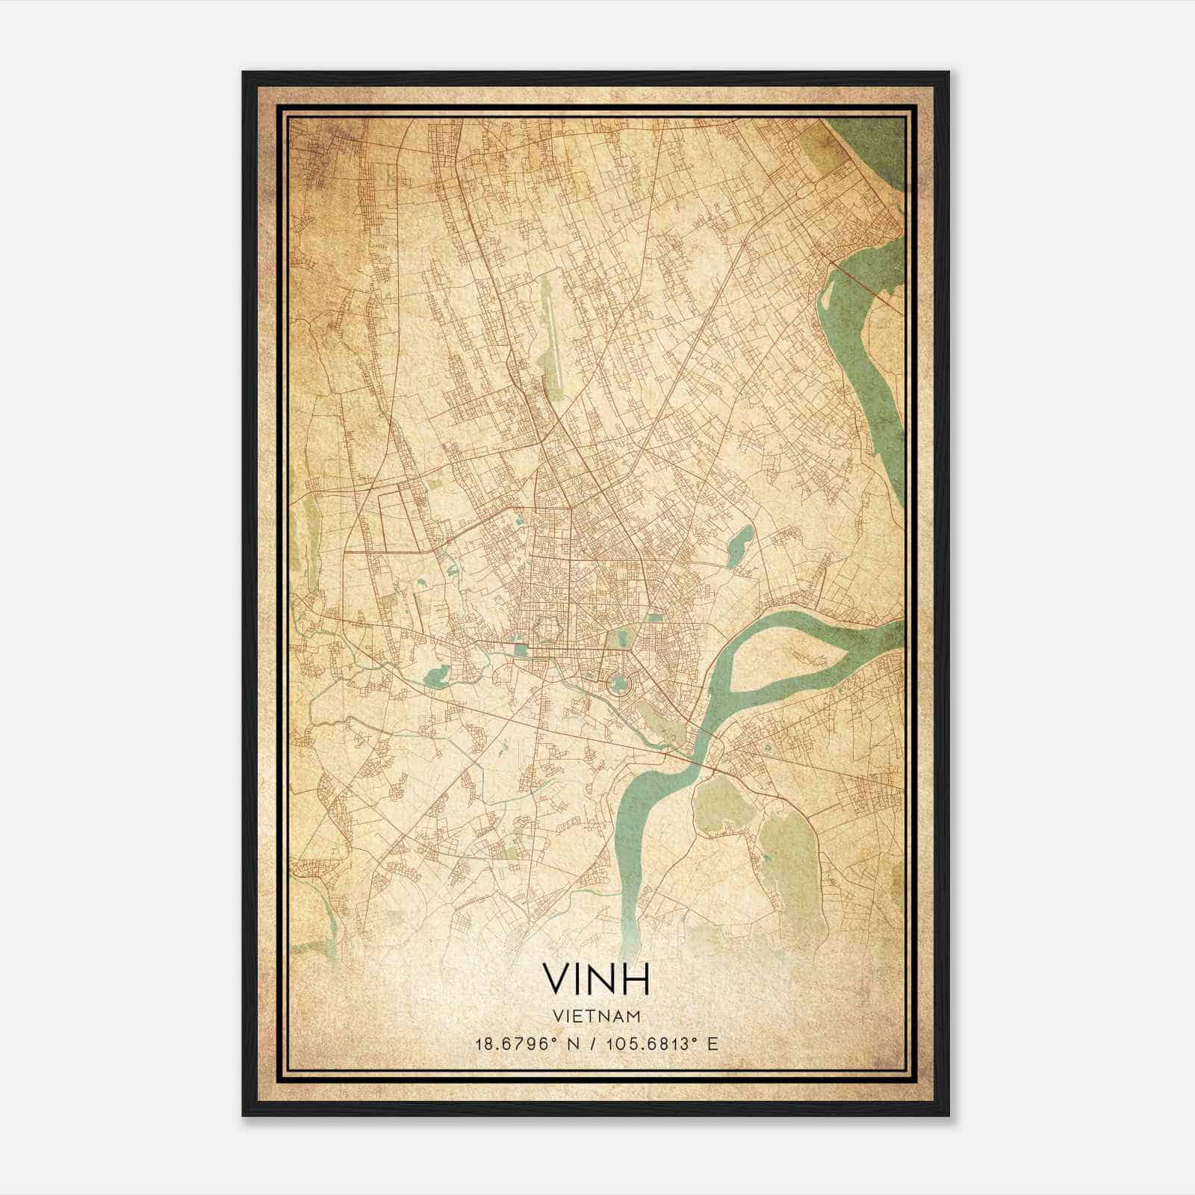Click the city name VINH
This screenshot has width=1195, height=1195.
click(x=596, y=978)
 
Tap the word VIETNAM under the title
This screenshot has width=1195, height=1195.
click(x=596, y=1016)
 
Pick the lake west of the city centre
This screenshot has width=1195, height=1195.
click(x=435, y=676)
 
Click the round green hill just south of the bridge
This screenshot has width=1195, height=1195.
click(x=721, y=805)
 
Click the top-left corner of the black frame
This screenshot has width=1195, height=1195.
click(x=244, y=73)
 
